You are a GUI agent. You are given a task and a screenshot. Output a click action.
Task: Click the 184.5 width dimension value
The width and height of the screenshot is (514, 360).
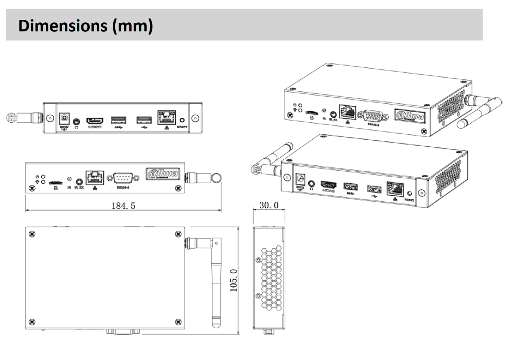[x=123, y=205]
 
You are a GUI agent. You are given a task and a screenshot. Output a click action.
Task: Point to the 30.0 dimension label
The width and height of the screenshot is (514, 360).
[x=269, y=205]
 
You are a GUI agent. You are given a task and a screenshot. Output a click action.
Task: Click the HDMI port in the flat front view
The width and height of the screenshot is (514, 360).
[x=95, y=121]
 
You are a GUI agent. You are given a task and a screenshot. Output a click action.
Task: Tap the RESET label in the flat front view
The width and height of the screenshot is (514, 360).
[x=182, y=128]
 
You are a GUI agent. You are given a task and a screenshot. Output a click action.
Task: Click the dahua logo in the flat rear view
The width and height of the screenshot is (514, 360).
[x=163, y=174]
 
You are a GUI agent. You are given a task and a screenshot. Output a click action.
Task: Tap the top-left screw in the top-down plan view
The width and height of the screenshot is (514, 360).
[x=32, y=234]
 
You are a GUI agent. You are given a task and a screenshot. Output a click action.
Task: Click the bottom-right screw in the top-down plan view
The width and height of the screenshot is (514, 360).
[x=178, y=321]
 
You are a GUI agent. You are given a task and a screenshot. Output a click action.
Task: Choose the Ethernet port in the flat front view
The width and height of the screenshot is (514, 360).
[x=166, y=118]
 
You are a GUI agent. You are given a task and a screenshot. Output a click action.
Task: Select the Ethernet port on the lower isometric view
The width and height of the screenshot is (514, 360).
[x=395, y=189]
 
